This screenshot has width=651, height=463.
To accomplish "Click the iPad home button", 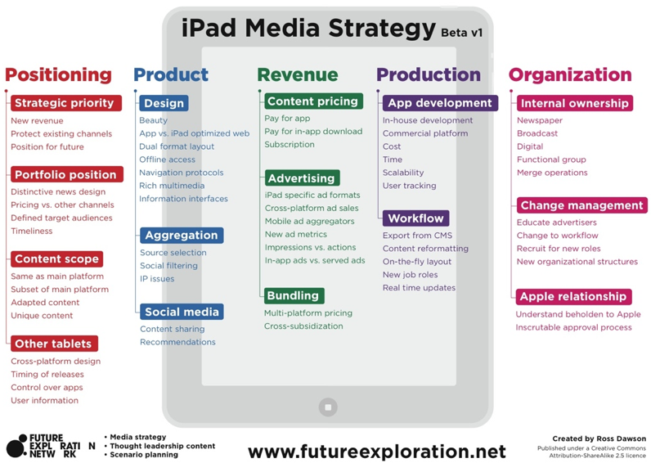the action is [328, 407].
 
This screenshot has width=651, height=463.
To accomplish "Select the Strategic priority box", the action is [66, 103].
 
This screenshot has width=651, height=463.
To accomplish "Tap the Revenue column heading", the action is [297, 74].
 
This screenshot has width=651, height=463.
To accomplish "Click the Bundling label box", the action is [294, 295].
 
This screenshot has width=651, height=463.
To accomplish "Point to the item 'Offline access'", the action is [167, 160].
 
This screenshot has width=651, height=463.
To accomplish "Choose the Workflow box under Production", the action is [415, 218].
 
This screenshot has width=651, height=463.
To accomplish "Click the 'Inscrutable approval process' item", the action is [573, 327].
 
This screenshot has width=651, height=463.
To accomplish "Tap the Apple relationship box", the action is [574, 296].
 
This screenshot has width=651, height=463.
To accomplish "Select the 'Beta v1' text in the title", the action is [462, 33].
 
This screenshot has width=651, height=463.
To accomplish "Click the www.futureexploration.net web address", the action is [377, 452].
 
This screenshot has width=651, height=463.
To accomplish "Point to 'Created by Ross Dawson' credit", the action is [599, 438].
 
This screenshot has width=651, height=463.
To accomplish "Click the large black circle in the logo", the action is [16, 448].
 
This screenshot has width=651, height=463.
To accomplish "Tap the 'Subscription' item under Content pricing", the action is [290, 145].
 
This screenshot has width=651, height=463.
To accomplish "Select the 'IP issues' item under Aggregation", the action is [157, 279].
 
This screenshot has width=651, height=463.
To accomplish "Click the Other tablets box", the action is [55, 344].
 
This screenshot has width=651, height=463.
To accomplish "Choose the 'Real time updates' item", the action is [419, 288].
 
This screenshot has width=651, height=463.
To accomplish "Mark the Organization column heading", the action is [570, 74].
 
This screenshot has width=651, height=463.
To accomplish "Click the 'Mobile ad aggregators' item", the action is [310, 222].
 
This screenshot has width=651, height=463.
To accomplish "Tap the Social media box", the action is [182, 312].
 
